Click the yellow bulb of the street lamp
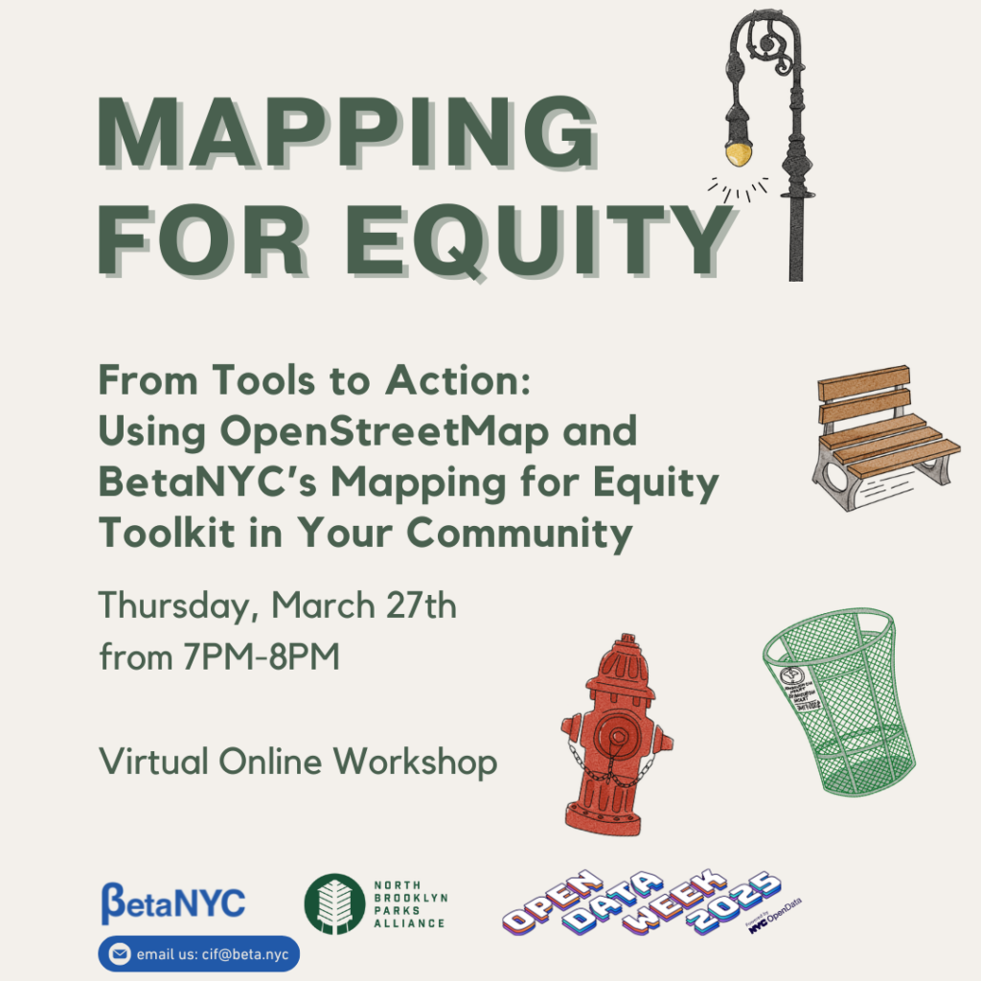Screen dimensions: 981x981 pos(736,152)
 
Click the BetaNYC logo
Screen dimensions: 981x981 pos(173,902)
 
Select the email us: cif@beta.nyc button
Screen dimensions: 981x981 pos(199,954)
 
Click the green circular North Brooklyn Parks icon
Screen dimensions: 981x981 pos(333,903)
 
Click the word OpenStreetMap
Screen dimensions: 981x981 pos(384,432)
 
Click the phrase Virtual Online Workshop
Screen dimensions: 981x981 pos(298,763)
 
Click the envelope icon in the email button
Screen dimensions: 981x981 pos(120,954)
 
